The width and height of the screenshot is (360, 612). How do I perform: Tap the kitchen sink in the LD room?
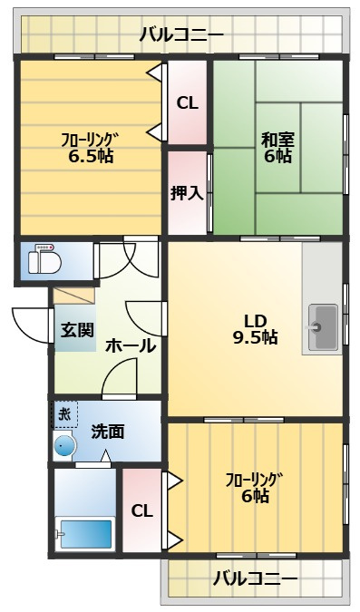323,327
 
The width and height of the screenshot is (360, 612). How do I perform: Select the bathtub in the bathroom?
84,534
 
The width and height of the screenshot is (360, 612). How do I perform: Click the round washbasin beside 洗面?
64,445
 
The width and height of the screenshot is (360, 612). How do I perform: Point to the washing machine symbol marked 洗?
65,414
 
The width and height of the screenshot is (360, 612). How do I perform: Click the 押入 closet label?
187,193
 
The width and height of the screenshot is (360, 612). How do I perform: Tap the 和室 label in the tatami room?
277,140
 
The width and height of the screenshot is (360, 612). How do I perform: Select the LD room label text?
256,321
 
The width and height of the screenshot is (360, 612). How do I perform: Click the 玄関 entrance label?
77,330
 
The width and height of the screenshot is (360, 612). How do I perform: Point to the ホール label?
131,345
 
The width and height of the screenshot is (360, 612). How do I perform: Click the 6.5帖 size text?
91,157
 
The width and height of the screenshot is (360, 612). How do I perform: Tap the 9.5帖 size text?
256,337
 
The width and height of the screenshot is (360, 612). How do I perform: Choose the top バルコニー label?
182,35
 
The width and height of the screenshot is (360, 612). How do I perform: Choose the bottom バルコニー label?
256,578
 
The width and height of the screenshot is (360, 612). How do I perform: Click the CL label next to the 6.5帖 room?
188,103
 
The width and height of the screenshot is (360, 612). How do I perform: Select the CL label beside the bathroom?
141,511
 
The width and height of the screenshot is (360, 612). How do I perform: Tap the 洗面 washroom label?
108,432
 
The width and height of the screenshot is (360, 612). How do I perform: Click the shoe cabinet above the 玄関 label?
74,296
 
